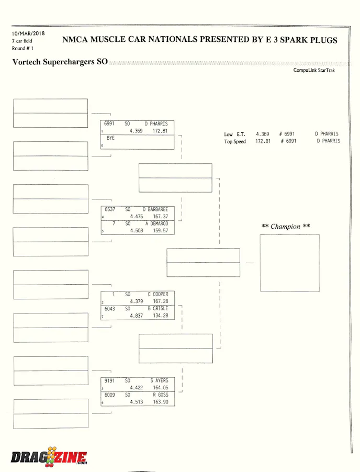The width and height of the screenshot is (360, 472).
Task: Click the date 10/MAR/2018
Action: pyautogui.click(x=28, y=33)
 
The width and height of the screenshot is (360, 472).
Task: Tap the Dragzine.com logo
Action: pyautogui.click(x=49, y=457)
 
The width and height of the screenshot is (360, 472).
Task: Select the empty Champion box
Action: pyautogui.click(x=289, y=263)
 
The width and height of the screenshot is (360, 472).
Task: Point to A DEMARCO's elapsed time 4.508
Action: pyautogui.click(x=136, y=230)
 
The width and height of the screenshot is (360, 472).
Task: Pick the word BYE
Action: pyautogui.click(x=110, y=138)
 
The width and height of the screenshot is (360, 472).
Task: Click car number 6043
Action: pyautogui.click(x=109, y=309)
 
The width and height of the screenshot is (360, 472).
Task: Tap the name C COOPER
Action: pyautogui.click(x=157, y=295)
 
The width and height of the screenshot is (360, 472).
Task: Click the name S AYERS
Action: pyautogui.click(x=159, y=381)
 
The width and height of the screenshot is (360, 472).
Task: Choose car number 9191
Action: pyautogui.click(x=109, y=381)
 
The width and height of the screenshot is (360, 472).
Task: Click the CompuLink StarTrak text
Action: pyautogui.click(x=314, y=70)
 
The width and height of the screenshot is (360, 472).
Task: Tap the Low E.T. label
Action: pyautogui.click(x=234, y=134)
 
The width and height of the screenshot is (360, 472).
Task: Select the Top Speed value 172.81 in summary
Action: pyautogui.click(x=263, y=141)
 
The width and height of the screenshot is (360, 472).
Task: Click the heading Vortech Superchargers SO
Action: pyautogui.click(x=60, y=62)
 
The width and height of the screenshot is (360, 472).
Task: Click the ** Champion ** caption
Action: pyautogui.click(x=286, y=227)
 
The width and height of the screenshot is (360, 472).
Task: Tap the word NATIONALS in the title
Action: pyautogui.click(x=175, y=40)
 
